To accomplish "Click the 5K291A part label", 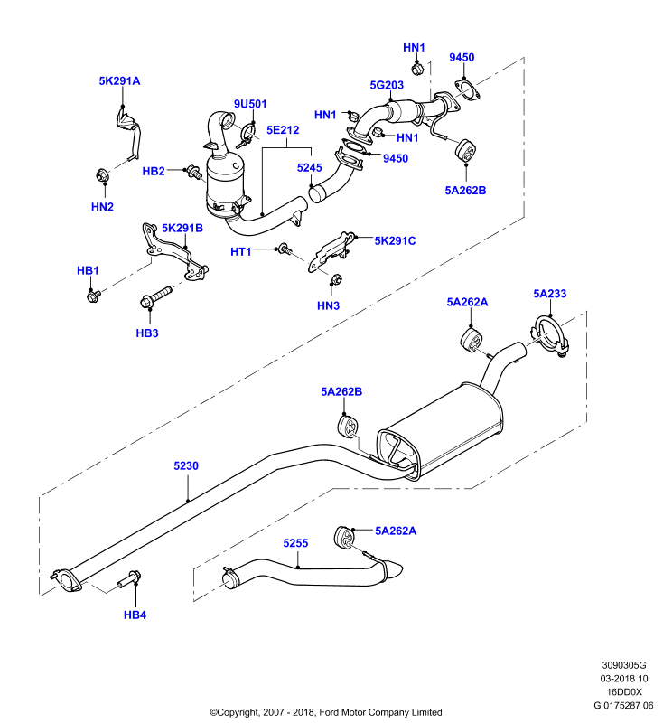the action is (119, 81).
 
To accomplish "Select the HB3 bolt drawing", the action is (155, 297).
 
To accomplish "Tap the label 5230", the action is (186, 466).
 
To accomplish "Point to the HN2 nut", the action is (102, 175).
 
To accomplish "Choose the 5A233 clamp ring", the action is (551, 336).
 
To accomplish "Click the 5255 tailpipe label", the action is (295, 544).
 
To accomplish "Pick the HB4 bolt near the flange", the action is (129, 579).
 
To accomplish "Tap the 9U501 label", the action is (250, 104).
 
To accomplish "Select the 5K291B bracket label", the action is (182, 229).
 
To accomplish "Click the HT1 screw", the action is (285, 249).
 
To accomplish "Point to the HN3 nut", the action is (336, 278).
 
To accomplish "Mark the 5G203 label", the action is (387, 85).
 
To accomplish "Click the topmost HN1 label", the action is (414, 48).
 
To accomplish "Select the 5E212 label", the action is (283, 130).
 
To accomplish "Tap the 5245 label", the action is (310, 168).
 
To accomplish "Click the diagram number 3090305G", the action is (624, 665).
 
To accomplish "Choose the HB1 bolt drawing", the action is (94, 296).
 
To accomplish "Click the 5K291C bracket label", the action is (395, 241).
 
